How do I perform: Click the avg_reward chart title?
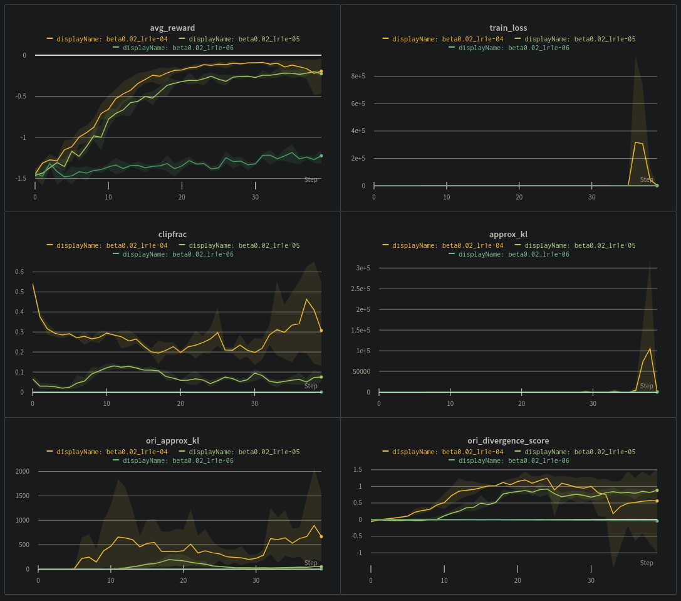click(x=172, y=28)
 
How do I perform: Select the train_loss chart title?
click(x=508, y=28)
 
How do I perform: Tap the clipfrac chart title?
click(x=172, y=235)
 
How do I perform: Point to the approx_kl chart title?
click(x=508, y=235)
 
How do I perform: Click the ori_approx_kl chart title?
click(x=172, y=441)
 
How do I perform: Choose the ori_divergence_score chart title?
click(x=508, y=441)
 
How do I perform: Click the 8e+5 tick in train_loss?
click(x=358, y=76)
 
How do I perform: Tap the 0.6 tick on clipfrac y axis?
click(x=19, y=272)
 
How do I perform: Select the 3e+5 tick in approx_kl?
click(x=363, y=268)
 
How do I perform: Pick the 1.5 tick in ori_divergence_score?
click(x=357, y=469)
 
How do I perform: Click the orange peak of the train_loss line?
click(x=635, y=142)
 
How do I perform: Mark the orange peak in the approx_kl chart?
click(x=650, y=348)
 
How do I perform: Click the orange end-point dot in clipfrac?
click(x=321, y=331)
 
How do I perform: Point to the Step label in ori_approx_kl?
click(x=311, y=563)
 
